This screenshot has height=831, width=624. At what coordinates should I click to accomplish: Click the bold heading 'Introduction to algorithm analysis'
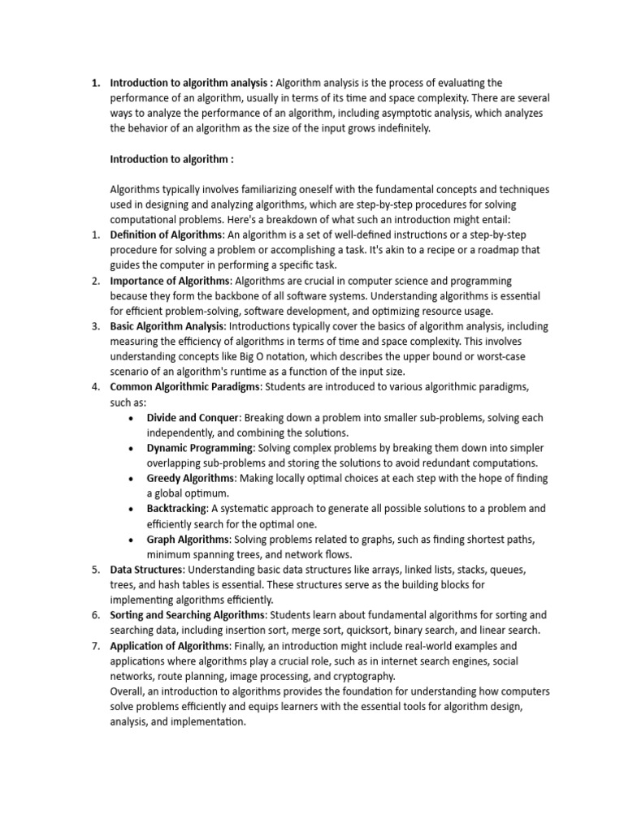[191, 83]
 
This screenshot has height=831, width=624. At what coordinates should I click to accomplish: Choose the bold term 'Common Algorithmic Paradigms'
[185, 387]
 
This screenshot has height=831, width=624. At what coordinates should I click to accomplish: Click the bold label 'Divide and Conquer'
[193, 417]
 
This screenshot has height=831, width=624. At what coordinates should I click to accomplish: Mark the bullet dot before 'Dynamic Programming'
[132, 448]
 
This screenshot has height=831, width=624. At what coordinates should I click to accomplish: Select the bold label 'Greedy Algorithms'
[190, 478]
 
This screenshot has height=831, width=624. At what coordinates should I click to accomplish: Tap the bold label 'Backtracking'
[176, 509]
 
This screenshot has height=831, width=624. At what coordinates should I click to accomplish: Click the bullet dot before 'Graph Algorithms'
[132, 539]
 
